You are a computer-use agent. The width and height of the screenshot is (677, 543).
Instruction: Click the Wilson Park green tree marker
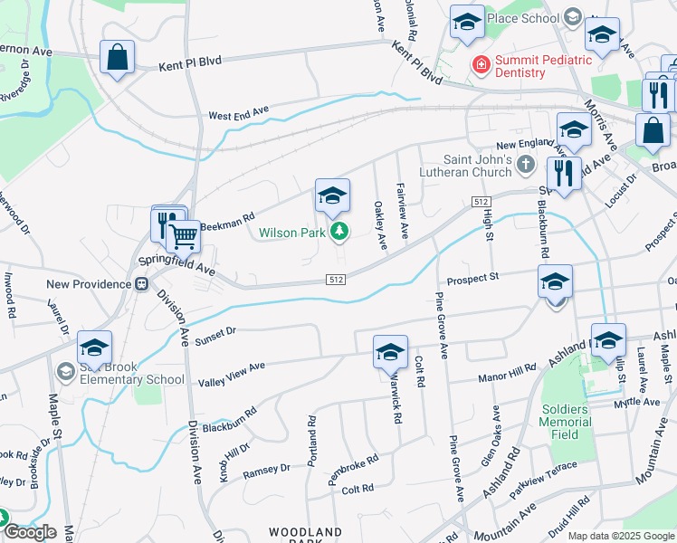[339, 233]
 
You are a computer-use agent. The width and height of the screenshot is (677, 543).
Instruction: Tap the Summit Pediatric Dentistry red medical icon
[480, 65]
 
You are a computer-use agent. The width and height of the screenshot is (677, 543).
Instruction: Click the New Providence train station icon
[141, 284]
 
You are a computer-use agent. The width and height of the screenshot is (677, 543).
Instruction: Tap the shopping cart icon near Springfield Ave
[184, 237]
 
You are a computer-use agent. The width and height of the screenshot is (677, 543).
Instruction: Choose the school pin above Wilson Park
[332, 195]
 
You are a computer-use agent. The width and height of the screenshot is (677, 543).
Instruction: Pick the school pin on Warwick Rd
[390, 352]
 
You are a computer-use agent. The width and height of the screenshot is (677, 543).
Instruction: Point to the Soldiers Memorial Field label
[566, 422]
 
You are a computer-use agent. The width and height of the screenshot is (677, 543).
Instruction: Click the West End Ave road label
[239, 114]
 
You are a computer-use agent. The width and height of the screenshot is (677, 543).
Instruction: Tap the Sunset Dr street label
[216, 332]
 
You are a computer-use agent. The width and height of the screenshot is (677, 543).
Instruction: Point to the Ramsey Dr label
[266, 470]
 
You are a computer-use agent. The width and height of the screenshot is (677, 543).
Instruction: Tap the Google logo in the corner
[29, 532]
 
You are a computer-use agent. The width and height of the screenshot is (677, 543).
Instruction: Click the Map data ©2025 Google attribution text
[621, 536]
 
